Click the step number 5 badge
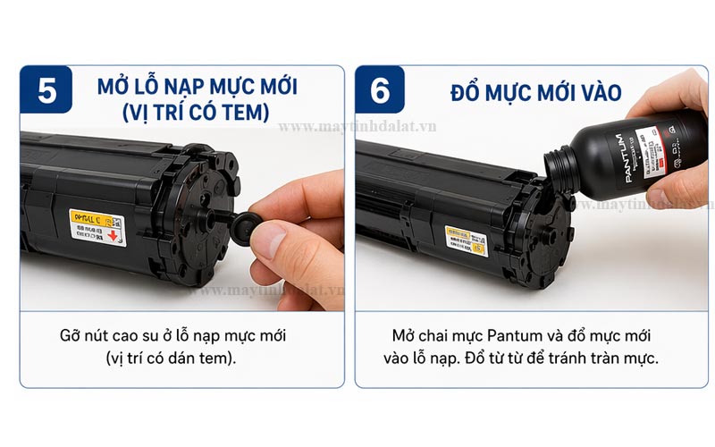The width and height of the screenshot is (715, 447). [x=46, y=92]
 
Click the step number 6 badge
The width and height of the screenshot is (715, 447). [x=381, y=92]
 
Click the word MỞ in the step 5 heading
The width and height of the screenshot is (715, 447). [x=112, y=89]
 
